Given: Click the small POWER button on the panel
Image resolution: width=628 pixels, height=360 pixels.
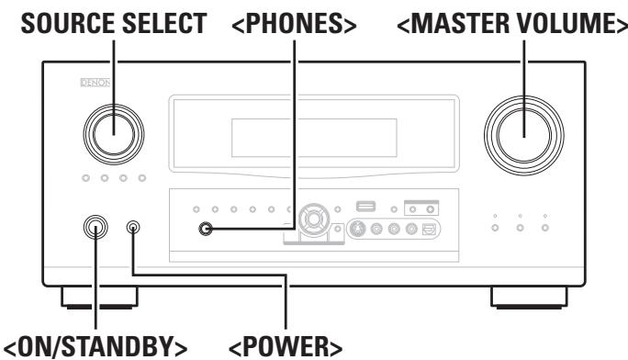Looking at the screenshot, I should click(x=135, y=226).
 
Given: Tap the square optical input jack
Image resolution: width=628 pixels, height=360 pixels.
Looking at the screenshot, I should click(x=426, y=229).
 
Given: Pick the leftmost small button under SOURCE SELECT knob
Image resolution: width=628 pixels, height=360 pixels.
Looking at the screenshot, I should click(x=85, y=176).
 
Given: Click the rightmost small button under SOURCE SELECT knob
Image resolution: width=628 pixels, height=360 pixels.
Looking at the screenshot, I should click(x=141, y=176).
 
